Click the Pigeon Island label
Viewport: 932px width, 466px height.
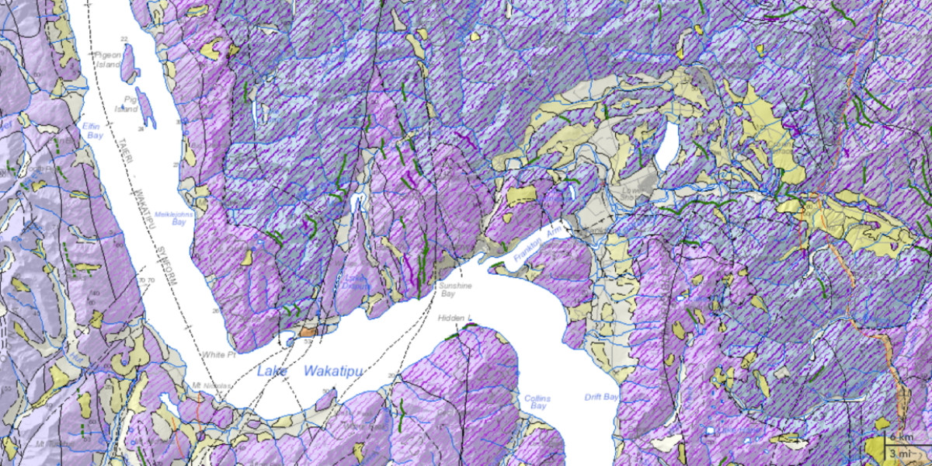(x=108, y=60)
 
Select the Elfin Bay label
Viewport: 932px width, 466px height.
(x=94, y=130)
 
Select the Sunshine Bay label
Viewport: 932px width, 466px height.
(x=456, y=290)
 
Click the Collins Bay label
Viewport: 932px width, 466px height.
(x=537, y=402)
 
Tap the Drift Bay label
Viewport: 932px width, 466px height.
(x=601, y=397)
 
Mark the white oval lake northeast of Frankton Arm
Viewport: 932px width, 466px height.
(x=667, y=144)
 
